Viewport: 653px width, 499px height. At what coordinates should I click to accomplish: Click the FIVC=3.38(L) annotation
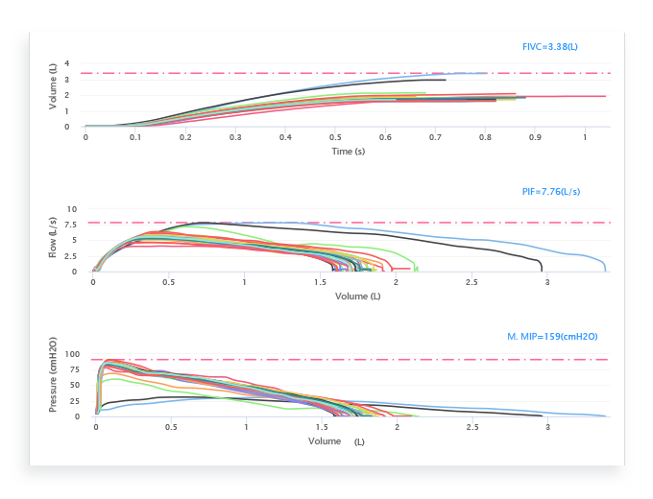click(x=549, y=46)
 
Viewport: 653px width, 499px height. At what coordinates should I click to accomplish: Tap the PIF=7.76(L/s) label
click(x=550, y=192)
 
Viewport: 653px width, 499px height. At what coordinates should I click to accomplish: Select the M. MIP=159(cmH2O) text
click(x=552, y=337)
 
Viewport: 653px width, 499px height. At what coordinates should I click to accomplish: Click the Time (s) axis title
click(x=348, y=151)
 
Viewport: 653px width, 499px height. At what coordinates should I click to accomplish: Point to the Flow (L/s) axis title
click(x=54, y=241)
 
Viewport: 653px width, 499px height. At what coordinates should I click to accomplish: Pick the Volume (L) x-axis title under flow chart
click(x=357, y=297)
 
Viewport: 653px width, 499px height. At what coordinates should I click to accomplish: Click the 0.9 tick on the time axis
click(x=535, y=137)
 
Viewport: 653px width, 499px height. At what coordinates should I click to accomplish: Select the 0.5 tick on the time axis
click(x=335, y=137)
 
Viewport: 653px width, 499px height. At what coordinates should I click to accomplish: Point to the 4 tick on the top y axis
click(x=67, y=63)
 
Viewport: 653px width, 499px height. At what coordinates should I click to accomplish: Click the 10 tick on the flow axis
click(x=72, y=208)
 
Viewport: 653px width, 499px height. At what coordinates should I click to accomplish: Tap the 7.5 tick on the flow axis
click(x=72, y=225)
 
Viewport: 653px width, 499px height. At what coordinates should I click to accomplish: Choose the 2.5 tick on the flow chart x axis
click(x=472, y=283)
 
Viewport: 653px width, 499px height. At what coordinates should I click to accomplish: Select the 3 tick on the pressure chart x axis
click(x=548, y=427)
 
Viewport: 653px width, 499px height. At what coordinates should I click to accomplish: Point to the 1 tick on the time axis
click(x=585, y=137)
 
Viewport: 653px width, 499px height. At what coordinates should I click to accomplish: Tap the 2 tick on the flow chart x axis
click(x=396, y=283)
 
